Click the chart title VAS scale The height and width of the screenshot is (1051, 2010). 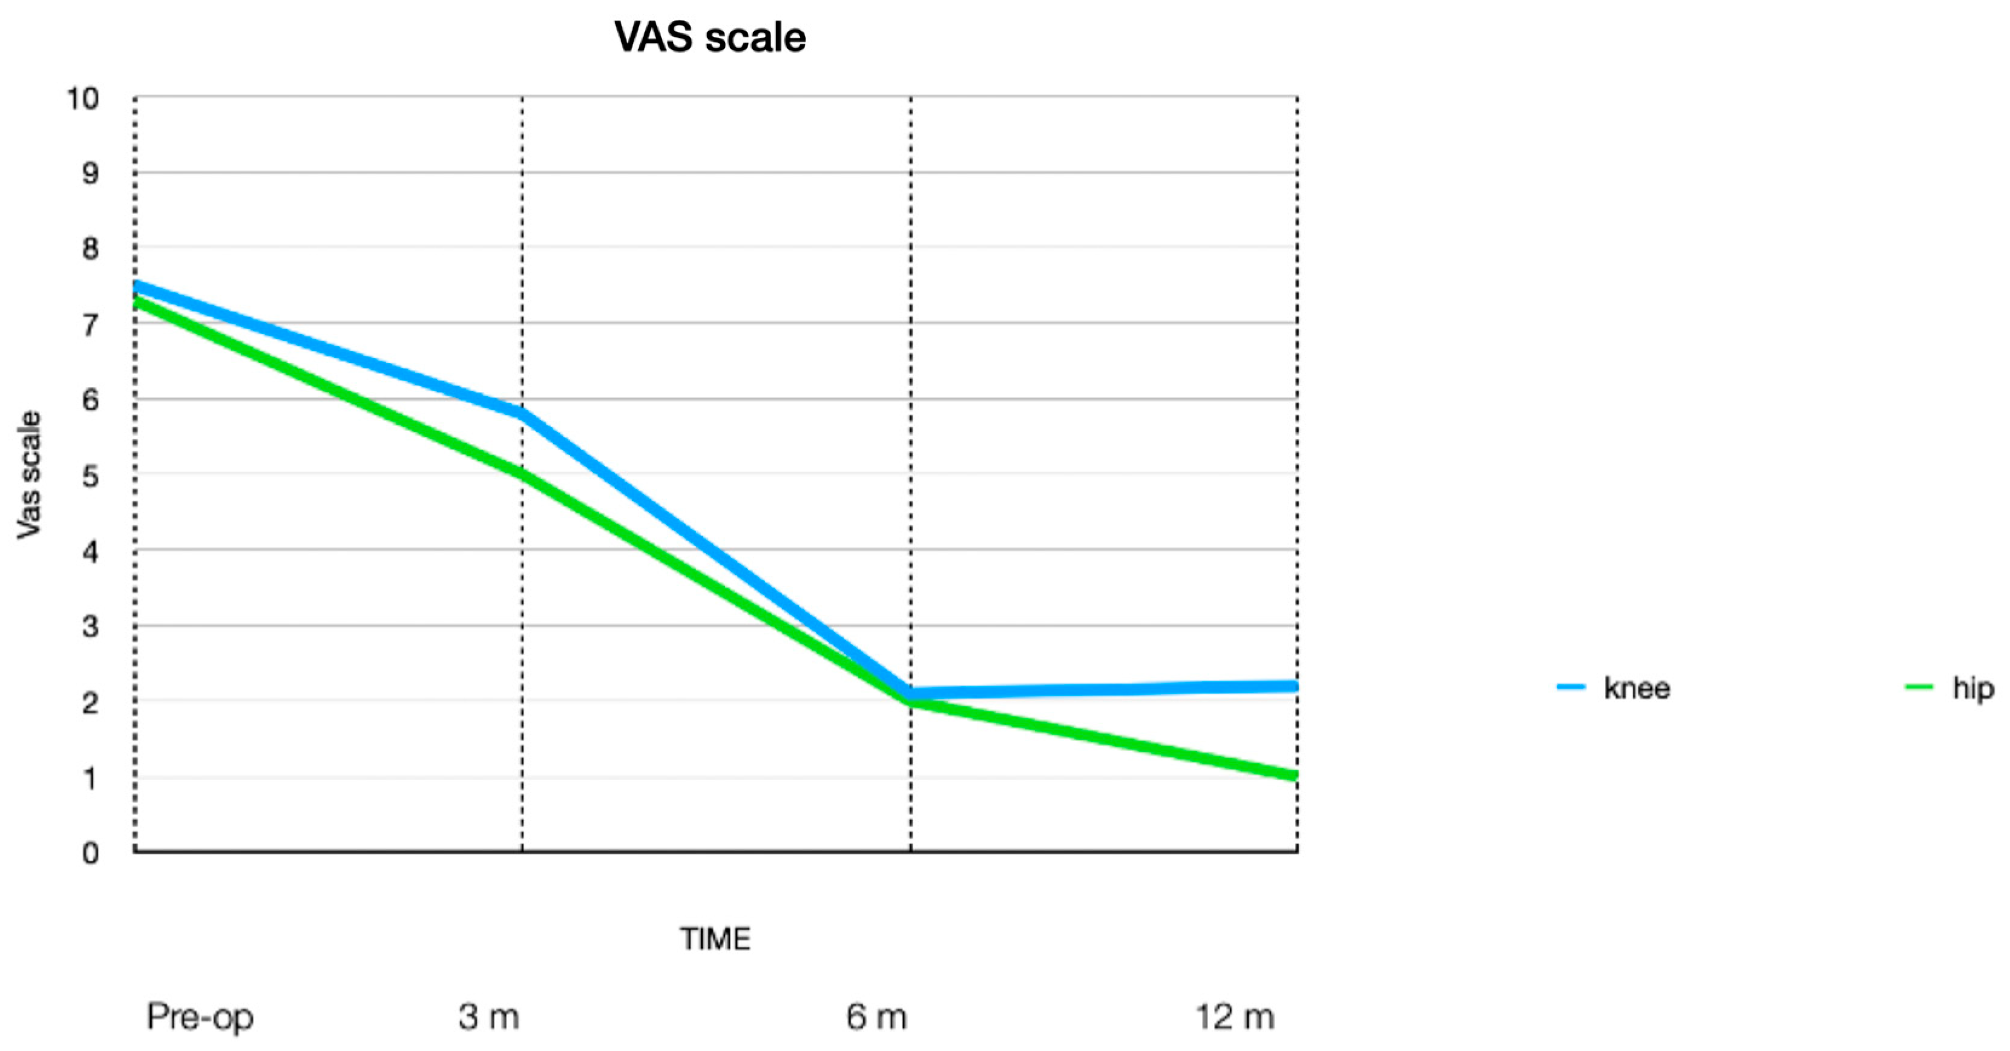(709, 38)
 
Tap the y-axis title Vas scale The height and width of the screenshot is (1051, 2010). (29, 475)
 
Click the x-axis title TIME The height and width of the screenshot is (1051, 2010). (715, 938)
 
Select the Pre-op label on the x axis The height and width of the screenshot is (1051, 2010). (200, 1017)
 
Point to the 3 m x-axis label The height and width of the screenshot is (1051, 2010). (488, 1017)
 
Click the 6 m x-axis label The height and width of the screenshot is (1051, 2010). (876, 1017)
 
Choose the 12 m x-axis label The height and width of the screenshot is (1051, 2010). (1235, 1017)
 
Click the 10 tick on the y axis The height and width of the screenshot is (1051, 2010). (83, 99)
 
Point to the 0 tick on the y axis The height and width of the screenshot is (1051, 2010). (91, 853)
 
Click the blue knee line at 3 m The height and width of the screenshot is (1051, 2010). (521, 412)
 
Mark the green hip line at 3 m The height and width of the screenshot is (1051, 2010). (521, 473)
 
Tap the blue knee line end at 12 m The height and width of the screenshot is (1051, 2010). (1294, 686)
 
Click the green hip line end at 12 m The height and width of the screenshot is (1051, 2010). (1294, 775)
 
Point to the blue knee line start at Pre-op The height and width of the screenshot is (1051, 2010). (137, 286)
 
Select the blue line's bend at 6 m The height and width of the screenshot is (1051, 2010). (911, 692)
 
